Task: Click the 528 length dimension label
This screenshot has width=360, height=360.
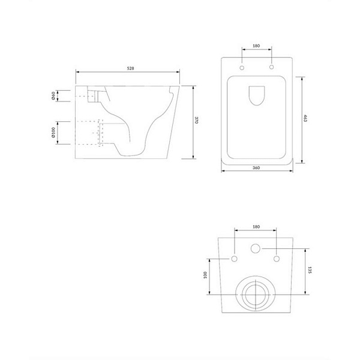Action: point(130,68)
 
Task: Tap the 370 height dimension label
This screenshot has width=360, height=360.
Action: point(196,120)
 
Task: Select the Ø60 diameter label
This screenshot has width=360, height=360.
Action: point(53,96)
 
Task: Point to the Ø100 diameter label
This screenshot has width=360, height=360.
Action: point(53,133)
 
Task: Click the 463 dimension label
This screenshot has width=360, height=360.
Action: point(305,118)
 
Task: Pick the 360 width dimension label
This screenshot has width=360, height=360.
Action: point(256,167)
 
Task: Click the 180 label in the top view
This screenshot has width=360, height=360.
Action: point(256,46)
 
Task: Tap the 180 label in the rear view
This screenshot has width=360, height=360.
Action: point(256,227)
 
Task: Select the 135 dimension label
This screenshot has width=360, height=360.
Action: point(310,270)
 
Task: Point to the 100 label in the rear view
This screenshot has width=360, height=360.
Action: point(205,275)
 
